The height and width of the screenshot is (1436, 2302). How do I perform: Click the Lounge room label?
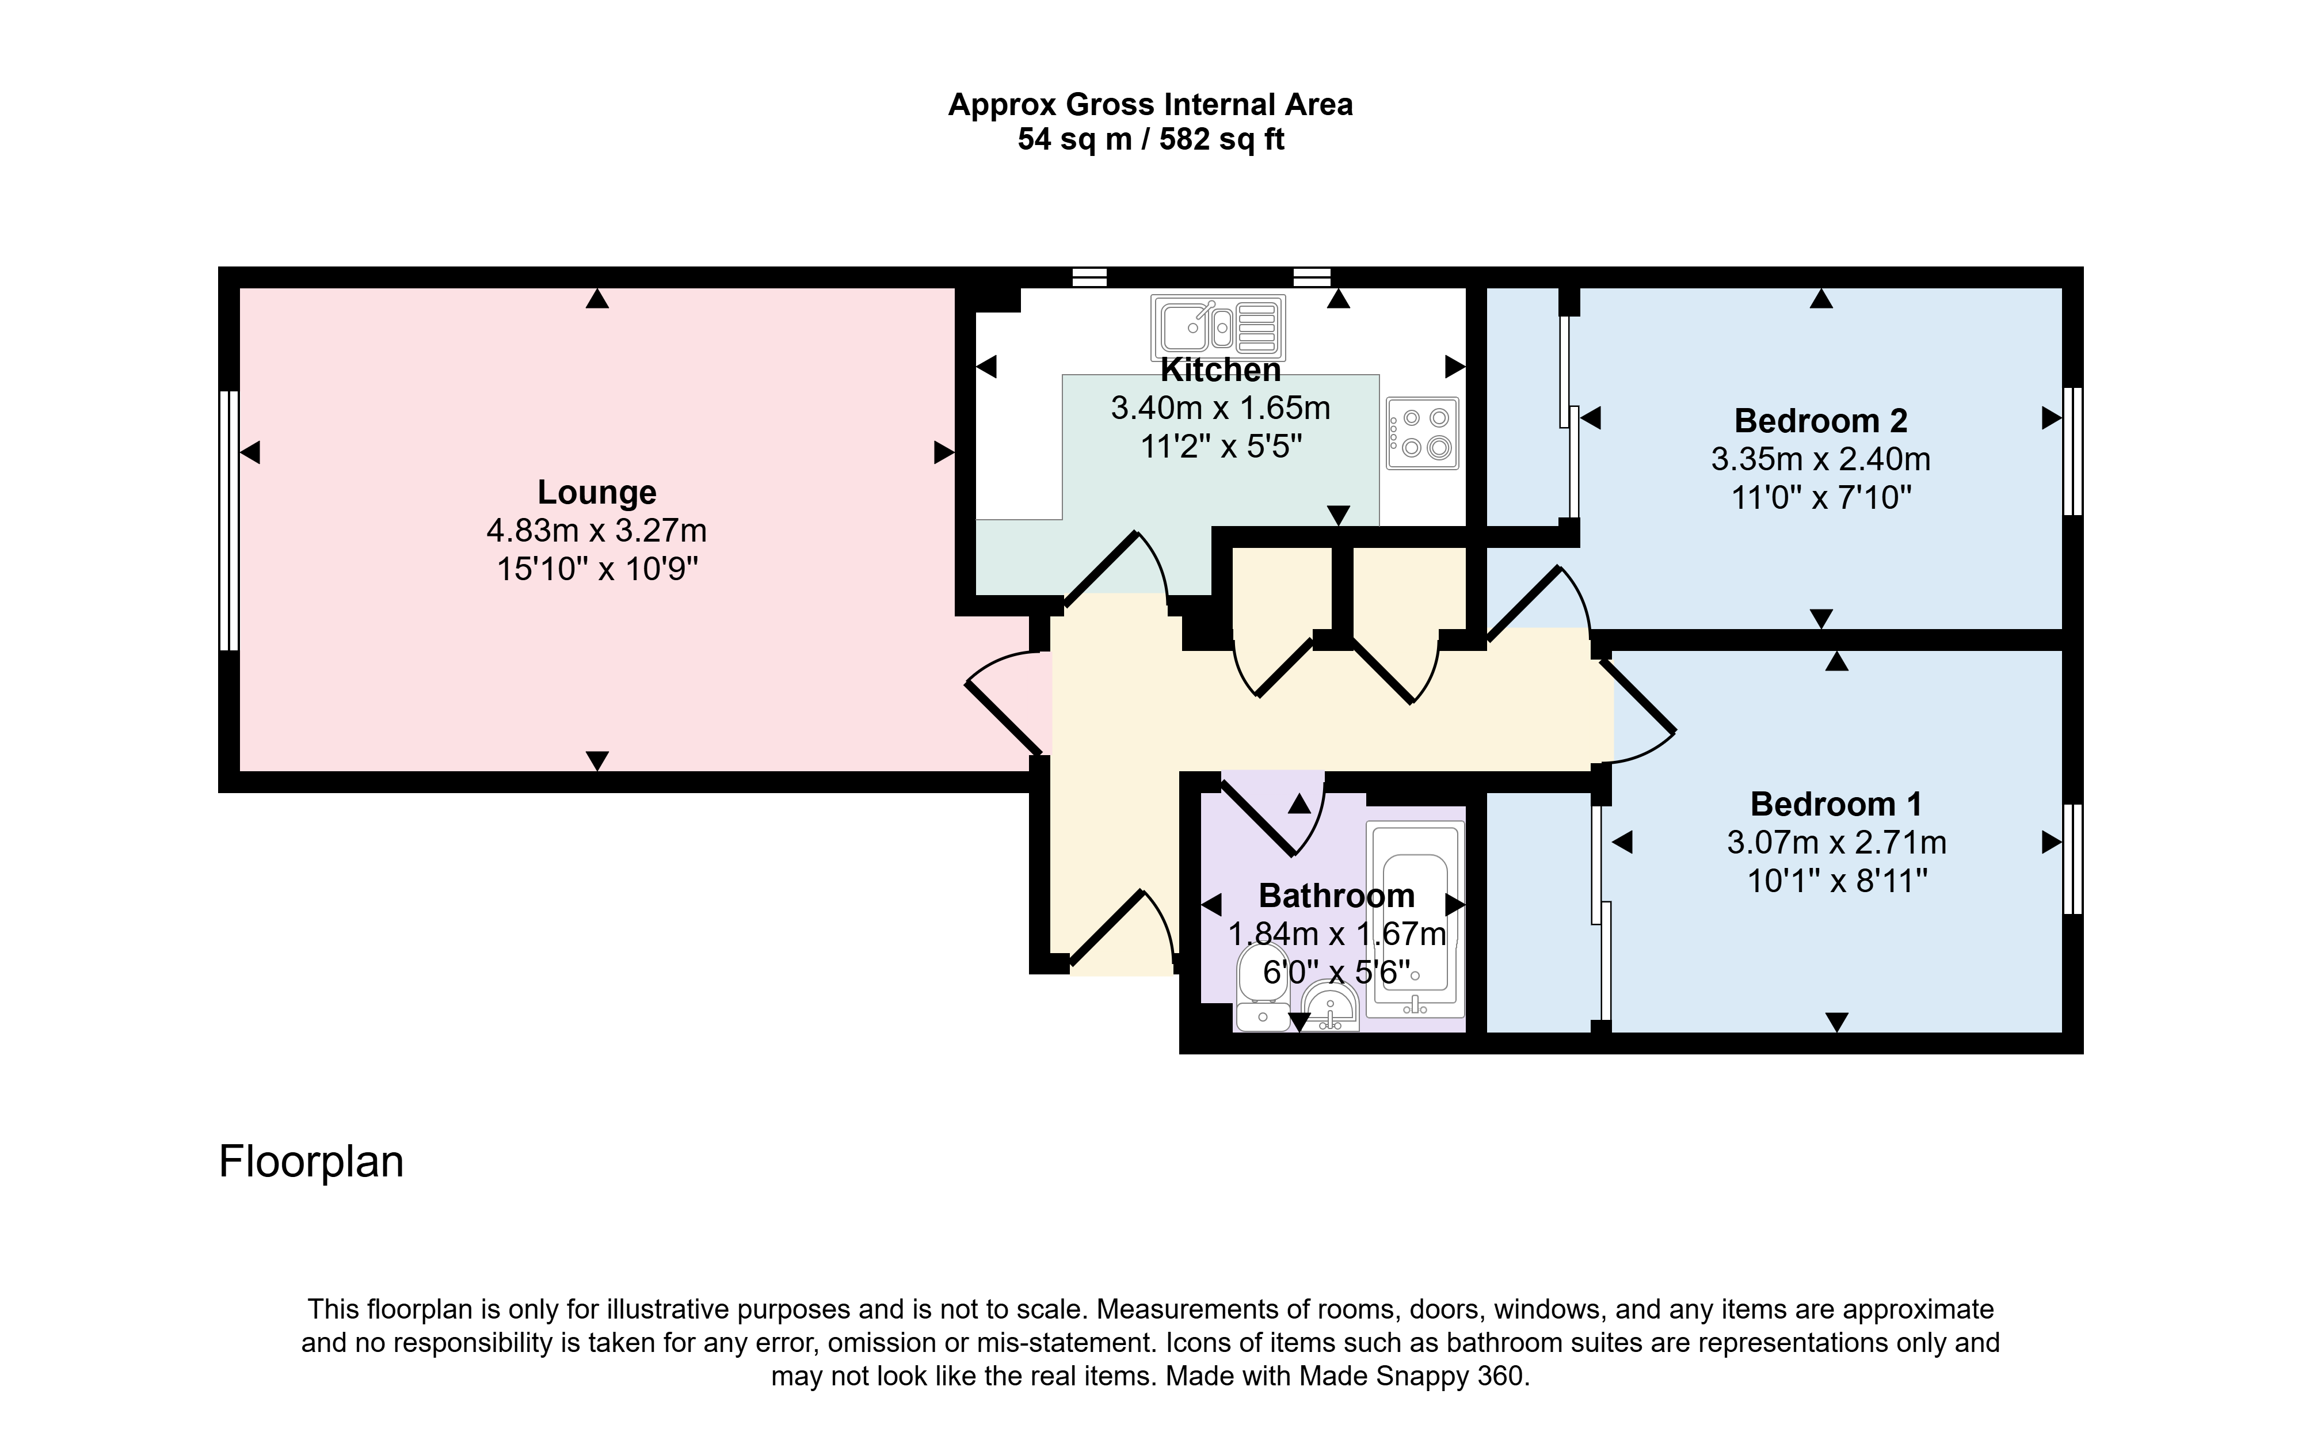pos(596,492)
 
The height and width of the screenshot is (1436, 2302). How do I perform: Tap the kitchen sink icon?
pos(1218,327)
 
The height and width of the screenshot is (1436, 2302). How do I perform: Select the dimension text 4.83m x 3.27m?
pos(596,530)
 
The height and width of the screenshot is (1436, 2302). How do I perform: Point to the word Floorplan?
pos(311,1161)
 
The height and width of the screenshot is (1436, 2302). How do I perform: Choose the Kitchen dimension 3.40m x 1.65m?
pos(1220,409)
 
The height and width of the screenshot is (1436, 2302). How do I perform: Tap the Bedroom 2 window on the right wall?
pos(2073,451)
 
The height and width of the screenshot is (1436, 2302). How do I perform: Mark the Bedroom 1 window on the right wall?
pos(2073,859)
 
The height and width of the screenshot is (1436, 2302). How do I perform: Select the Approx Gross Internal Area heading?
pos(1150,105)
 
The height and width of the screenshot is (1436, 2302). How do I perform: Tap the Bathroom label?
pos(1336,896)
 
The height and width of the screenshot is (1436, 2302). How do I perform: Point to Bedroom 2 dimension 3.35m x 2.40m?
pos(1820,460)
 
